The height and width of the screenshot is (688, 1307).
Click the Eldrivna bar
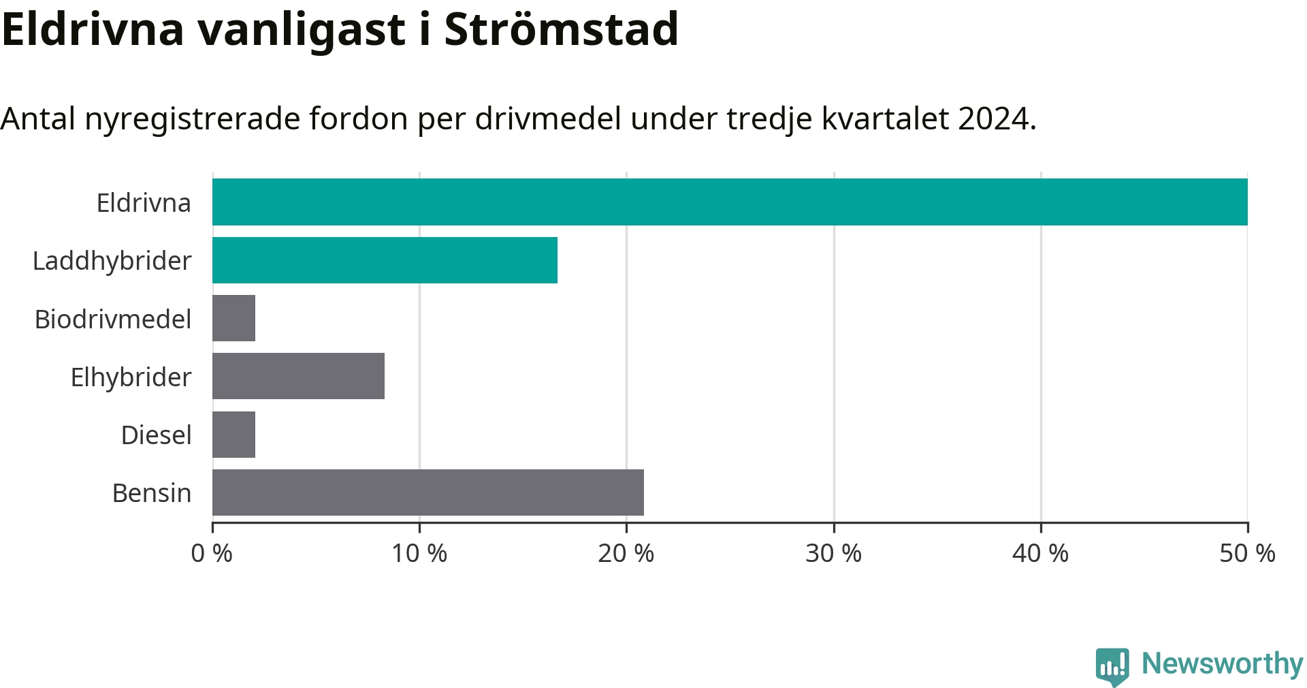click(x=730, y=202)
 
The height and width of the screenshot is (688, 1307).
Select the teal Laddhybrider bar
click(x=385, y=260)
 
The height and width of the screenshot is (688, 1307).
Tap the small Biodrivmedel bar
click(x=233, y=318)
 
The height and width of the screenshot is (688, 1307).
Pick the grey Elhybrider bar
click(x=298, y=376)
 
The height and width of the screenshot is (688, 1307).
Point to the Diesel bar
click(x=233, y=435)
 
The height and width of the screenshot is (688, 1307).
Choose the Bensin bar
click(x=428, y=492)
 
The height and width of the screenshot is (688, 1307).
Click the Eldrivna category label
click(x=144, y=203)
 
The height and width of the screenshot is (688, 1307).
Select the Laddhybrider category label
click(x=112, y=262)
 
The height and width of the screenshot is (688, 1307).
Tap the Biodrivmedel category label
click(x=113, y=319)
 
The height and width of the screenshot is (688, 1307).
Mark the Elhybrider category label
click(x=131, y=377)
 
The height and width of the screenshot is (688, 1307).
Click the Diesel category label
click(x=157, y=435)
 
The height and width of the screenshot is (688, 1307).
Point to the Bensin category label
click(x=152, y=492)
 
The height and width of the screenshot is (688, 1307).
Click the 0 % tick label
click(x=212, y=553)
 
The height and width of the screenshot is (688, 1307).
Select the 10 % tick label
click(x=419, y=553)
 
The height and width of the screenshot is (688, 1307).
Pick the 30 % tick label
click(x=834, y=553)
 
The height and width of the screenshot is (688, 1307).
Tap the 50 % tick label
click(x=1248, y=553)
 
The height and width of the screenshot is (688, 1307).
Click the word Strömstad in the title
click(x=562, y=29)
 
